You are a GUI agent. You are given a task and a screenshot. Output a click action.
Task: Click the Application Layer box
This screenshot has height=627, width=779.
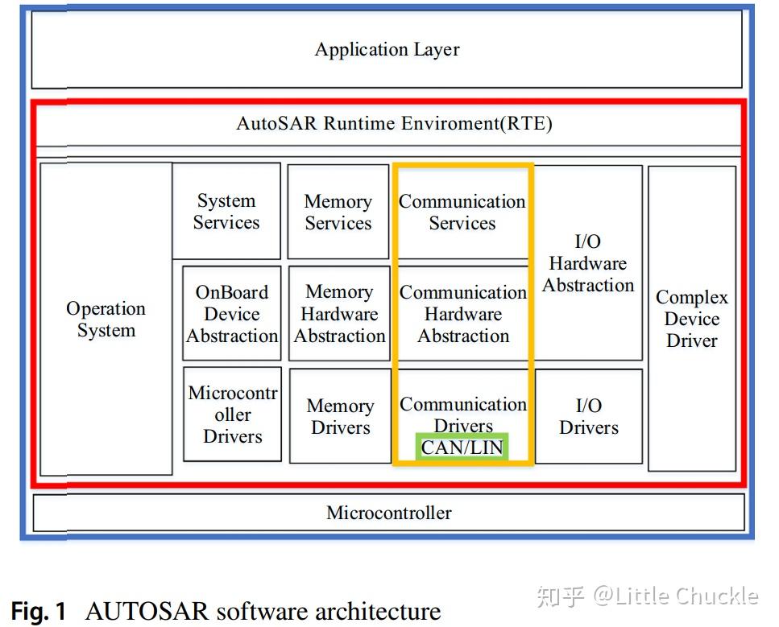[387, 49]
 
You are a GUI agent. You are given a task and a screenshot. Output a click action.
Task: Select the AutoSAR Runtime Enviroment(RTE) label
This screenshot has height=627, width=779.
[394, 123]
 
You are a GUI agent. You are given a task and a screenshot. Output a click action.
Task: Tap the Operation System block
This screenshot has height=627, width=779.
[106, 320]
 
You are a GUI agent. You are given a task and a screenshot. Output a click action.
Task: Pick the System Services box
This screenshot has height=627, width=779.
[226, 212]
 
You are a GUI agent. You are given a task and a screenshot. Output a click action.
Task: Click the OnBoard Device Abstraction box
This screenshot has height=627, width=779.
[232, 314]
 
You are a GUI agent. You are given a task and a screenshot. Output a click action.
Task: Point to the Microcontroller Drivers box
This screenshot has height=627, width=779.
[232, 415]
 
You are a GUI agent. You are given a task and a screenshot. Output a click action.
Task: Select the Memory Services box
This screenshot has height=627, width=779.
[338, 212]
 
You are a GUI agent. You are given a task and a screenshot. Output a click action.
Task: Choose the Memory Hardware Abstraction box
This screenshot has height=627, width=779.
[339, 314]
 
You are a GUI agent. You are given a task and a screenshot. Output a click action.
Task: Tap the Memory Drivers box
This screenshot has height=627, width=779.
[340, 416]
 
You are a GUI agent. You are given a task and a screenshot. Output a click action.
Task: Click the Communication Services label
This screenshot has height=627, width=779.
[462, 212]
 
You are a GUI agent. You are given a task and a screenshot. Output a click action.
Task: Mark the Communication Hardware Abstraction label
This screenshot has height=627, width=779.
[463, 314]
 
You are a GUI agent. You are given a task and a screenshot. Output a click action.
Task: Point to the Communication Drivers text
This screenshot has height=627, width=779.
[463, 414]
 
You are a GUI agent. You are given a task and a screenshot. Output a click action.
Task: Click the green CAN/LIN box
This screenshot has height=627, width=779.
[462, 447]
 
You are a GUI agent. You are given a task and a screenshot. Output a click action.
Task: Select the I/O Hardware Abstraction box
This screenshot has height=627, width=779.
[588, 263]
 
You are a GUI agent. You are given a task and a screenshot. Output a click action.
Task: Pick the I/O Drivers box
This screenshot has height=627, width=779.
[589, 416]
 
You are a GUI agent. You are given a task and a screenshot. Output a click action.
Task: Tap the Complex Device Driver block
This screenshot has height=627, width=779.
[691, 319]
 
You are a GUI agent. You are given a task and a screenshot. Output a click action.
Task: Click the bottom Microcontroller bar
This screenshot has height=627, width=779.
[389, 513]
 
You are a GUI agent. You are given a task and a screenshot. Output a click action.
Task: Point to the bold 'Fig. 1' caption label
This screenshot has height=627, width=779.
[39, 612]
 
